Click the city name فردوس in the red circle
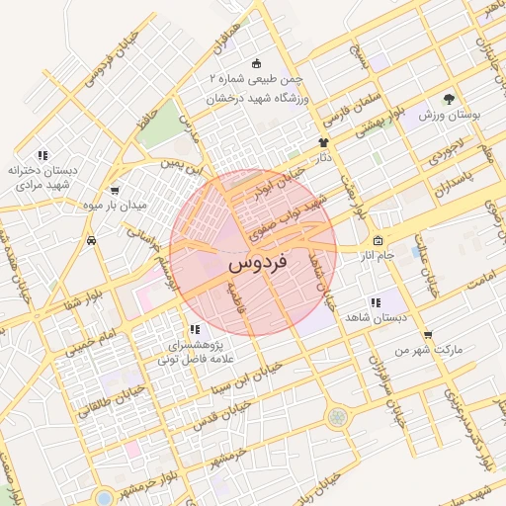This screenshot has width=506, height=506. pos(257,265)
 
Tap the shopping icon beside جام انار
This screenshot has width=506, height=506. pos(377,241)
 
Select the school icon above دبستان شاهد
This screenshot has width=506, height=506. pos(375,302)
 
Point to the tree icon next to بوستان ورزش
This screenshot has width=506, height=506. pos(449,99)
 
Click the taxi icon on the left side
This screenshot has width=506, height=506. pos(92,239)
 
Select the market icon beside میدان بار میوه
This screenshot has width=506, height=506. pos(116,190)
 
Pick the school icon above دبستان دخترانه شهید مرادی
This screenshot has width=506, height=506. pos(42,155)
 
